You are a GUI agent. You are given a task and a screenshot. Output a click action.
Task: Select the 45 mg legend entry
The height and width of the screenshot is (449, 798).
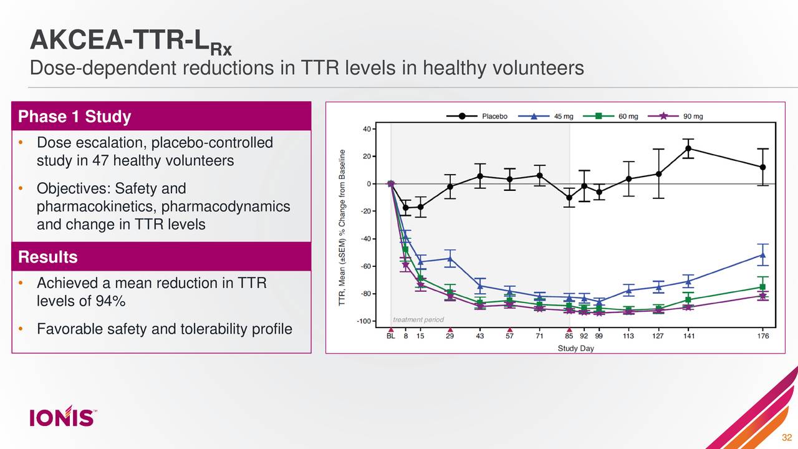pyautogui.click(x=549, y=116)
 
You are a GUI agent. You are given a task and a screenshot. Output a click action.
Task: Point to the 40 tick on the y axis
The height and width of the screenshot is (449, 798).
pyautogui.click(x=367, y=129)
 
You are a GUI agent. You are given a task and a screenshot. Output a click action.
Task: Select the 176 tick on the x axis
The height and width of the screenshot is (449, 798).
pyautogui.click(x=763, y=336)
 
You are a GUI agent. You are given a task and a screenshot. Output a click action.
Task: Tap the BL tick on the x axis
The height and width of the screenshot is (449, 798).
pyautogui.click(x=391, y=336)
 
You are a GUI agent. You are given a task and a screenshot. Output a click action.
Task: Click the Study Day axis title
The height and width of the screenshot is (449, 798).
pyautogui.click(x=575, y=349)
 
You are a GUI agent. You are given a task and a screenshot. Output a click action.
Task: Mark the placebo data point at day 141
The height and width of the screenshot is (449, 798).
pyautogui.click(x=688, y=148)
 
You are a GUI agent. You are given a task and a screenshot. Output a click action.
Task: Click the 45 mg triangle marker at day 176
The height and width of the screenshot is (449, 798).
pyautogui.click(x=762, y=254)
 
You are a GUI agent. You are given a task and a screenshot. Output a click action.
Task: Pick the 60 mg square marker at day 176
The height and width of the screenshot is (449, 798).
pyautogui.click(x=762, y=287)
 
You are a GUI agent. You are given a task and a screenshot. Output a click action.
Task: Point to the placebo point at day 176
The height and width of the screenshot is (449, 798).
pyautogui.click(x=762, y=167)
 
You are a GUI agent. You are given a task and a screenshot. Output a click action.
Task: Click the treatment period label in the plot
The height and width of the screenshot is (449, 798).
pyautogui.click(x=418, y=320)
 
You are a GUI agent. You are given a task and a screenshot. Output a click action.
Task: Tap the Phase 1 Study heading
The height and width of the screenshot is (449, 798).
pyautogui.click(x=74, y=117)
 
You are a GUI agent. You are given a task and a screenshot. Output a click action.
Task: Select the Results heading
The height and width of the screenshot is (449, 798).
pyautogui.click(x=48, y=257)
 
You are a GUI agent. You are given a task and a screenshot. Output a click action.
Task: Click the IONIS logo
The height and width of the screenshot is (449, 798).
pyautogui.click(x=62, y=416)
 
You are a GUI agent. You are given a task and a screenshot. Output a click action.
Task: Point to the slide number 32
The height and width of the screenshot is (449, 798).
pyautogui.click(x=787, y=436)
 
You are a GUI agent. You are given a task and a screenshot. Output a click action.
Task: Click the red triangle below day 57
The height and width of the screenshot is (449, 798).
pyautogui.click(x=509, y=331)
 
